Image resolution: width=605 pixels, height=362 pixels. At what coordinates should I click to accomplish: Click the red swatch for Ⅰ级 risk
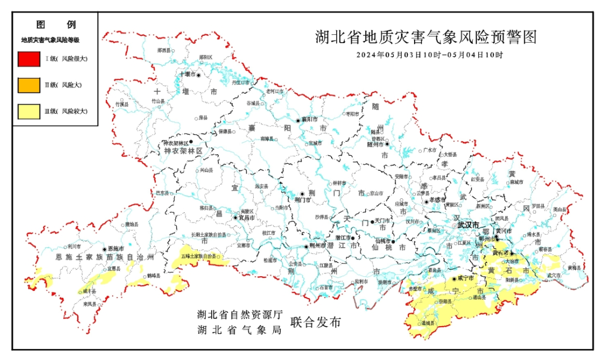pos(28,58)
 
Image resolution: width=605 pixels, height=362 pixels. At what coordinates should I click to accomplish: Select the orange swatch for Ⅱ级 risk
pos(28,85)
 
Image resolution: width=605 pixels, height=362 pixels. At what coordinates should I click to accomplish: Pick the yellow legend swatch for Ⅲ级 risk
pos(28,112)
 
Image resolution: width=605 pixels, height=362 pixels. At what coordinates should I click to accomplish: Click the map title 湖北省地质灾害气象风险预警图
pos(426,38)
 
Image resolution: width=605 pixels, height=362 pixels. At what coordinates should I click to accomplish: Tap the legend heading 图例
pos(55,25)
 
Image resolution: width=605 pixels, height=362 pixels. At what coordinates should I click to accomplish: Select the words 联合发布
pos(315,322)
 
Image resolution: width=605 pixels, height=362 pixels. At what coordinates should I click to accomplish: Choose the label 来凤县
pos(90,304)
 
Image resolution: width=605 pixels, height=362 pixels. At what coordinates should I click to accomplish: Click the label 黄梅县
pos(574,268)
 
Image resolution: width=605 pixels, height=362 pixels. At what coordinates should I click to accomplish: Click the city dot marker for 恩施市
pos(104,249)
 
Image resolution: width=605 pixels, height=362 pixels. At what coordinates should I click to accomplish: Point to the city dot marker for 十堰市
pos(198,74)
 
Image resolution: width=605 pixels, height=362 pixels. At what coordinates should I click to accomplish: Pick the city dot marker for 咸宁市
pos(453,278)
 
